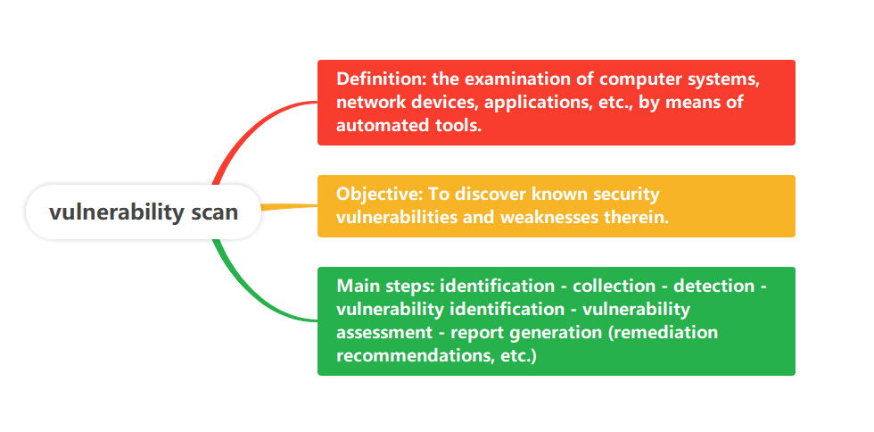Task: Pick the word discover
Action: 490,194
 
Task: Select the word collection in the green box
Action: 614,287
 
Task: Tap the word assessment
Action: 384,333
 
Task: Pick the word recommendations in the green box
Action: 414,355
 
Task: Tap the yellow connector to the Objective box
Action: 289,207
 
